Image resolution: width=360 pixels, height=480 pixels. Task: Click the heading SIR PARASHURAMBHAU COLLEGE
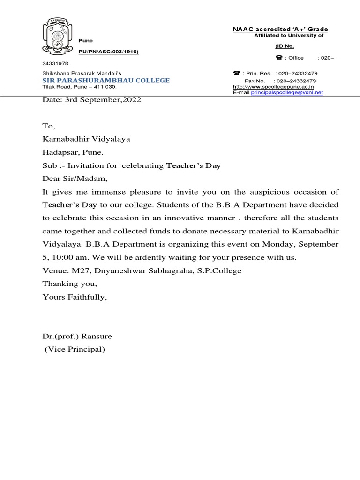pos(106,81)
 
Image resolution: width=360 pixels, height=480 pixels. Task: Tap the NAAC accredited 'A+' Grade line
pos(280,30)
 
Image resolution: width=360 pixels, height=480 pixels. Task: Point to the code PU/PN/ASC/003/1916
pos(108,51)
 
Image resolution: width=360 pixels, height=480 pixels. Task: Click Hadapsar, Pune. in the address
pos(74,152)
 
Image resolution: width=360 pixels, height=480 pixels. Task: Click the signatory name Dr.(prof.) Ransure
pos(77,337)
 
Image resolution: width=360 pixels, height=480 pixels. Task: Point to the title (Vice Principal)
pos(75,350)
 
